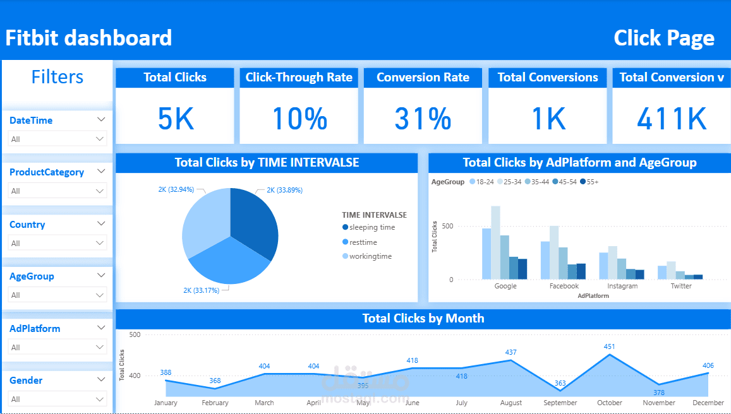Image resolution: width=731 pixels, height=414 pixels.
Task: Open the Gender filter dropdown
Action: click(x=99, y=399)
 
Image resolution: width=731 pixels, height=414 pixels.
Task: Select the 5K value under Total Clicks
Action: click(x=175, y=118)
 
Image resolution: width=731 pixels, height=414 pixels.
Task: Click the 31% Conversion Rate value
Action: click(x=423, y=118)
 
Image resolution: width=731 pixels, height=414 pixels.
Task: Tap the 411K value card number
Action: click(x=672, y=118)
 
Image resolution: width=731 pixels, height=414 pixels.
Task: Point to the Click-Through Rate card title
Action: click(x=299, y=77)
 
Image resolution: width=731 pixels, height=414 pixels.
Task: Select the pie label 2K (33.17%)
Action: click(x=201, y=290)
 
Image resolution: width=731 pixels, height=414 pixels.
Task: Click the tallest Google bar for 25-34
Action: click(x=495, y=242)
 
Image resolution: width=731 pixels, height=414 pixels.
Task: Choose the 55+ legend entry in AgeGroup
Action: click(x=589, y=182)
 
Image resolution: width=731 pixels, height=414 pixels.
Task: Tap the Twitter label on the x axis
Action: click(x=681, y=286)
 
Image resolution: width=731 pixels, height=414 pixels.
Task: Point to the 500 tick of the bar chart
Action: click(x=447, y=227)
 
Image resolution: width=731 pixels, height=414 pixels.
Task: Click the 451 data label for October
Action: click(x=609, y=346)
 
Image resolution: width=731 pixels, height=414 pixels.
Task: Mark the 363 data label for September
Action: click(x=560, y=383)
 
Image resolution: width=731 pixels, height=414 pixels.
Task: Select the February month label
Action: click(x=215, y=403)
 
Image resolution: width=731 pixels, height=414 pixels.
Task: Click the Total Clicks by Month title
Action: click(x=423, y=319)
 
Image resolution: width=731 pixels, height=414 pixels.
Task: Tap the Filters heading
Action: click(x=57, y=77)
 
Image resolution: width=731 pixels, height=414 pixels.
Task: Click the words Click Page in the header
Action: click(x=664, y=38)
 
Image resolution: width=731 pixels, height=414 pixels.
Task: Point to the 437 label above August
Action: click(x=511, y=353)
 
